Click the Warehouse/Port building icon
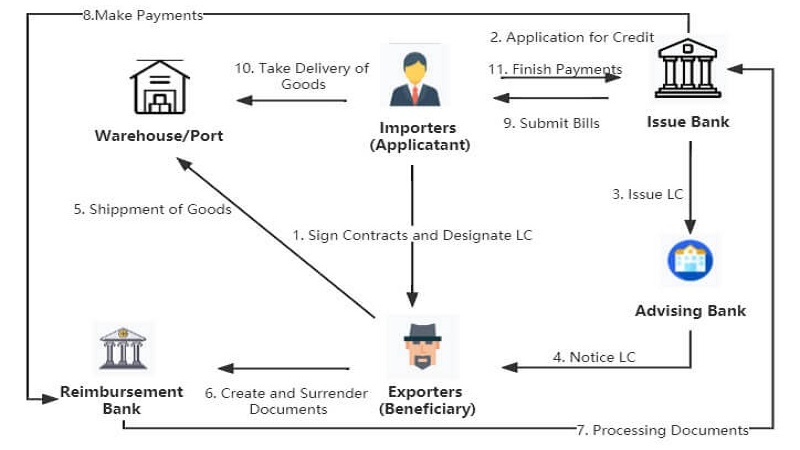(160, 87)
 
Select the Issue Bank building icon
(688, 70)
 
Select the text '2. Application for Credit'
(572, 38)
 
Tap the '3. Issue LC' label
(648, 194)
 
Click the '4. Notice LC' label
(594, 357)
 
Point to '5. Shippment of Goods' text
(152, 209)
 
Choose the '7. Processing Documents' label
(663, 430)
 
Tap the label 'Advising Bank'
(690, 311)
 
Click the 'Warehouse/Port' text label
(159, 136)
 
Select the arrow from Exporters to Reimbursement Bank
(285, 368)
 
